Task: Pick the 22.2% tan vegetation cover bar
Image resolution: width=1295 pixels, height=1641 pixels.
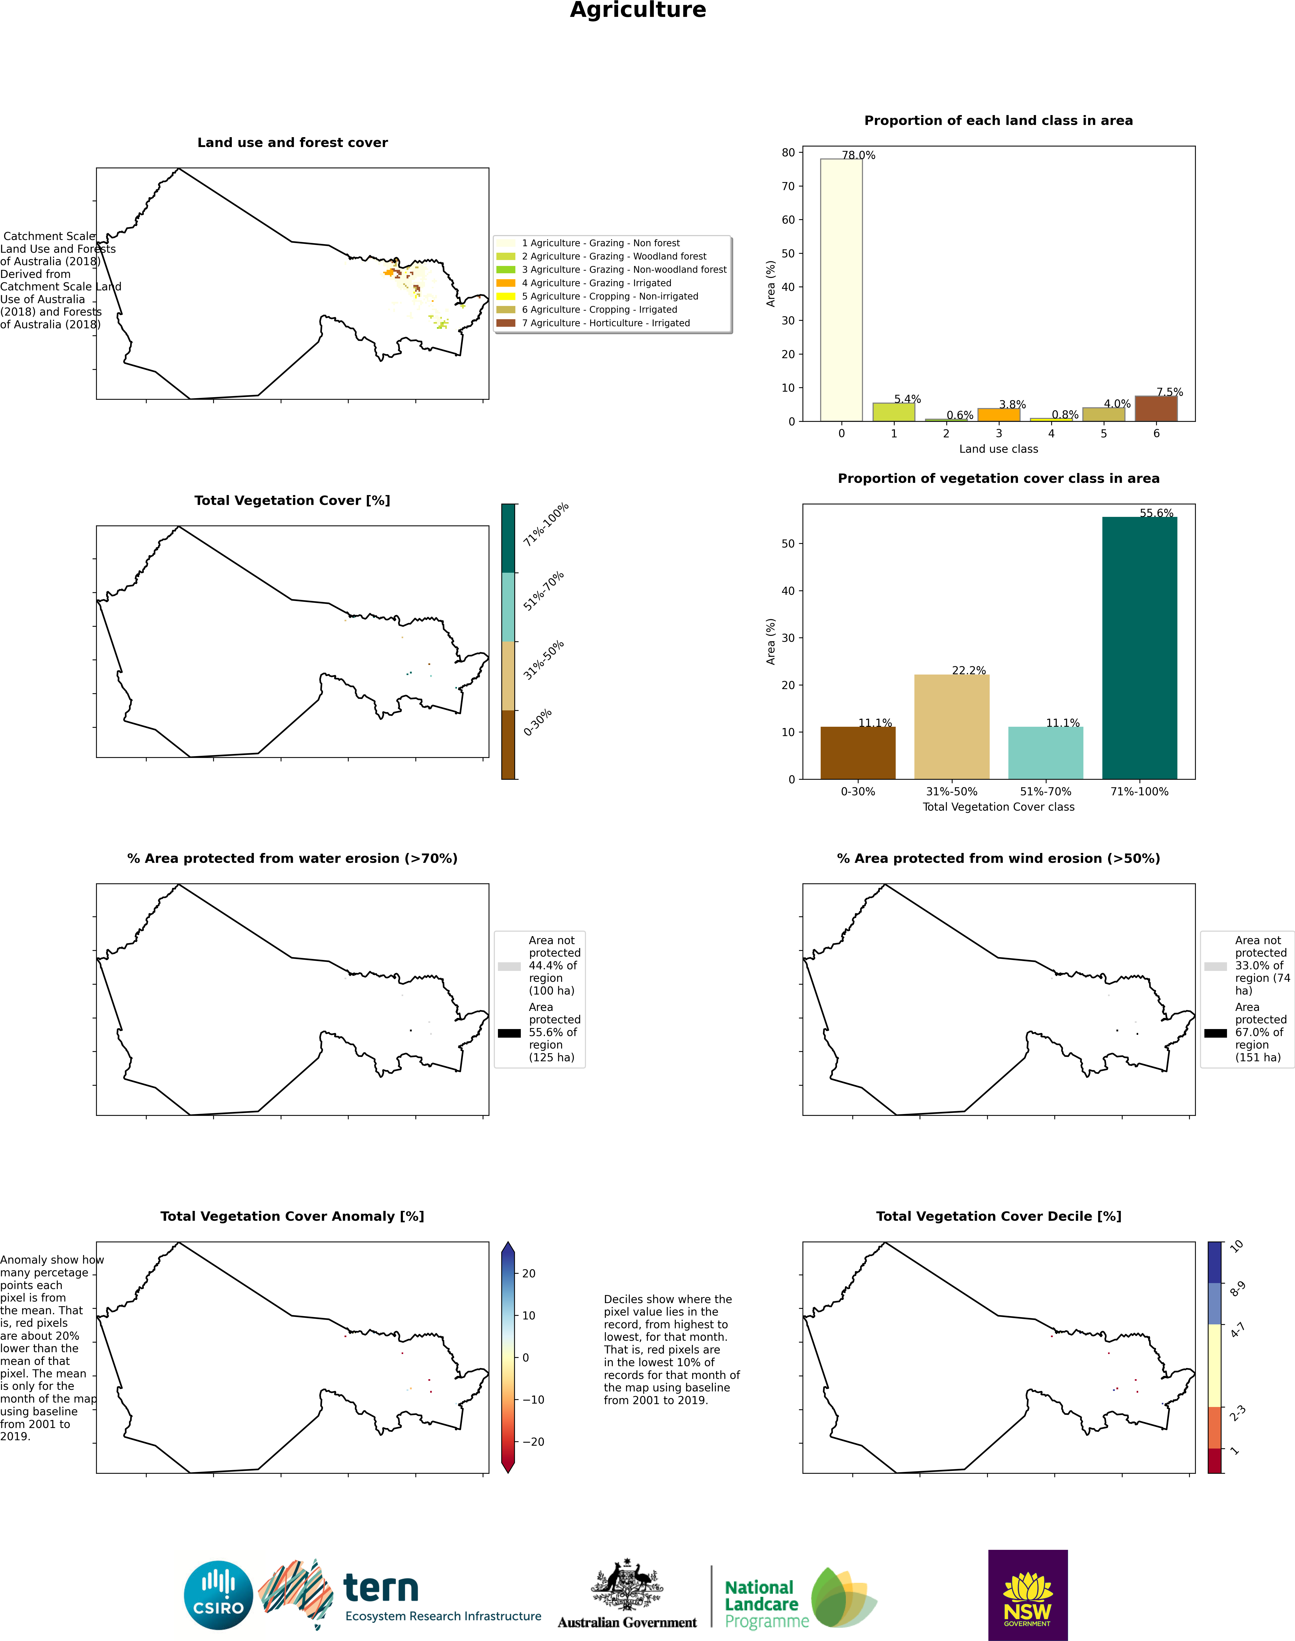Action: tap(952, 726)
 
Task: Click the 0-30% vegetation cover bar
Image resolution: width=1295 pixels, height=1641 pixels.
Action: tap(858, 753)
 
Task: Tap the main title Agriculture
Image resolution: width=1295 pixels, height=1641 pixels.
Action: tap(638, 10)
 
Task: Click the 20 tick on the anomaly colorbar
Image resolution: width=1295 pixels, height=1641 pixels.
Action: tap(529, 1273)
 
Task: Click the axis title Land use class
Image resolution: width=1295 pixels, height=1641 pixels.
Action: tap(999, 449)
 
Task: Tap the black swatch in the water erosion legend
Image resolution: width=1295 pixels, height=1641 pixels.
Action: tap(509, 1033)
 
